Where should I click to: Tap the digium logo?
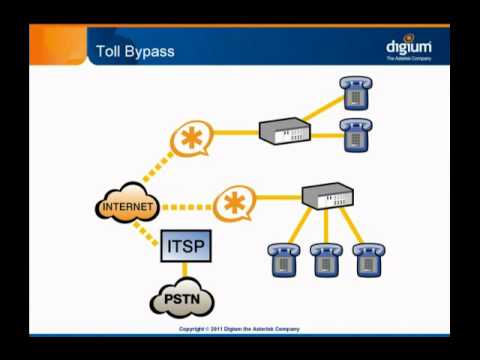[408, 48]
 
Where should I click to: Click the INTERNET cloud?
[128, 207]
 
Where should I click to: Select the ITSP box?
[184, 243]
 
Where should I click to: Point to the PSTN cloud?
[181, 299]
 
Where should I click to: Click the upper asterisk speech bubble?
[191, 138]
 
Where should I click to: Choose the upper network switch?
[285, 131]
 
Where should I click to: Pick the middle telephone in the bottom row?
[325, 260]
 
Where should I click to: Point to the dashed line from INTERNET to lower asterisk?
[186, 207]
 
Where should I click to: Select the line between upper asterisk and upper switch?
[236, 131]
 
